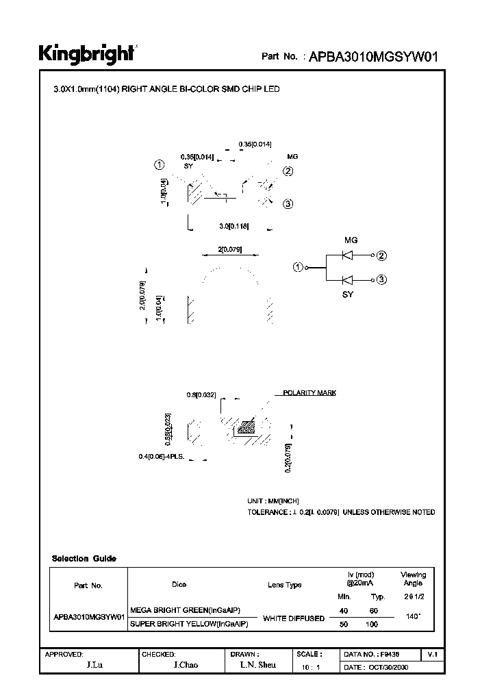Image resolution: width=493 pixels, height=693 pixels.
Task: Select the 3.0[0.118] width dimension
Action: [x=233, y=225]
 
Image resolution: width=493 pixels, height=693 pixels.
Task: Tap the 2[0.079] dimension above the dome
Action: [x=230, y=250]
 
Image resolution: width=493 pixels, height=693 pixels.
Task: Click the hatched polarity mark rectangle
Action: [x=244, y=428]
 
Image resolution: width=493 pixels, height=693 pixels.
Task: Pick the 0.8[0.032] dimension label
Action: [x=201, y=395]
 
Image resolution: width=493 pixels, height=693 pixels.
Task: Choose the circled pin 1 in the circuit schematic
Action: [x=298, y=267]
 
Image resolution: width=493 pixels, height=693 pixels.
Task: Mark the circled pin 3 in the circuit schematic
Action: [x=382, y=279]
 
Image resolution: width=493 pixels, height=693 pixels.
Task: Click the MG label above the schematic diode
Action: [x=350, y=240]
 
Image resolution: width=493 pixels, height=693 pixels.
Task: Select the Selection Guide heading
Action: [x=84, y=559]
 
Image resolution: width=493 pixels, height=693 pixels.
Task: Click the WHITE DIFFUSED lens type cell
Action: [x=294, y=618]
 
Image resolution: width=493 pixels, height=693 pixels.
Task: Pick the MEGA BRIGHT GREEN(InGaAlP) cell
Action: [x=186, y=610]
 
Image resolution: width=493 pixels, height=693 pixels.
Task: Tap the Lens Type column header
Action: [x=284, y=585]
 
